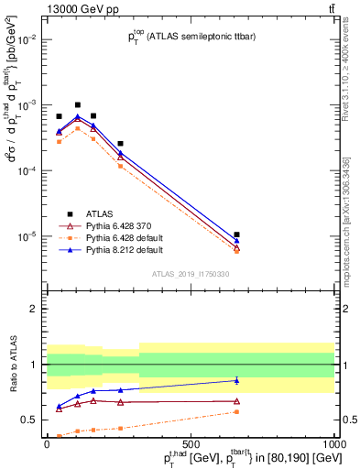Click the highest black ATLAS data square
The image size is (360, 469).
78,105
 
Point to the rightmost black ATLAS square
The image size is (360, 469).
237,235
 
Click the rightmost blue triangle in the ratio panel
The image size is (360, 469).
237,380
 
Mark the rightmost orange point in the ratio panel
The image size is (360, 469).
237,412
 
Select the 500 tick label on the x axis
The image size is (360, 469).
191,442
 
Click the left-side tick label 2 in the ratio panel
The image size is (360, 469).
34,310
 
